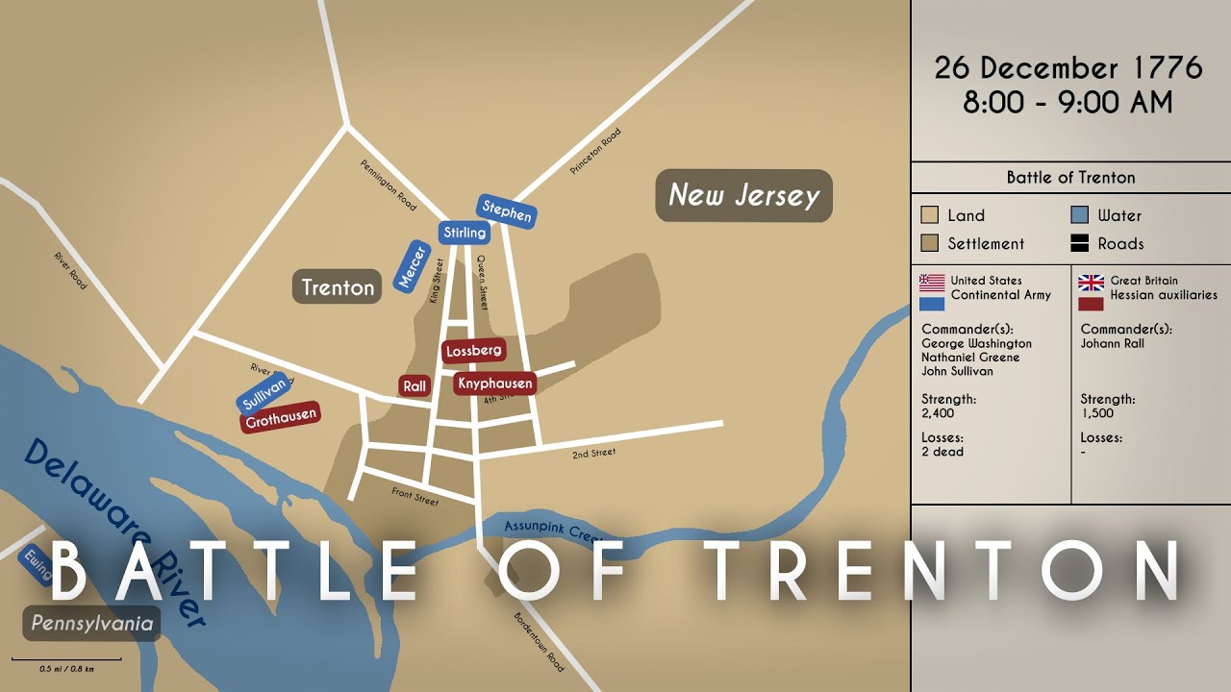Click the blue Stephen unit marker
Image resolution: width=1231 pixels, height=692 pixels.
coord(506,211)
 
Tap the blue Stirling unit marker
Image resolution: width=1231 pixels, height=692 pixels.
coord(465,233)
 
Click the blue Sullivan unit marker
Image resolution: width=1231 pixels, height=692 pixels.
coord(263,392)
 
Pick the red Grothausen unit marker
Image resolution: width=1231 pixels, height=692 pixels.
coord(279,417)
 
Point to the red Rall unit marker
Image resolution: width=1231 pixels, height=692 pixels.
coord(415,385)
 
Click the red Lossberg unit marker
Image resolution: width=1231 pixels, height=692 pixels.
coord(474,351)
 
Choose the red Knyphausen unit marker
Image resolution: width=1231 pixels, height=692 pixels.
coord(494,383)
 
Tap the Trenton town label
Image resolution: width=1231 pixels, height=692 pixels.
coord(338,286)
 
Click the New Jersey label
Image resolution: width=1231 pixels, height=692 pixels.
coord(743,195)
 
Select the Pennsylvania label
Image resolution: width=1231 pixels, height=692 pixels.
coord(91,624)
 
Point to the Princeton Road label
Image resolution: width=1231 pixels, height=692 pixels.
coord(595,151)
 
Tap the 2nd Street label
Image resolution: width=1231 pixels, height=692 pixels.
coord(593,453)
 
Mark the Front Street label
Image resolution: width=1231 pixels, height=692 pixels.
coord(415,496)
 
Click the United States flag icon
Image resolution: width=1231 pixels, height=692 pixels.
coord(932,283)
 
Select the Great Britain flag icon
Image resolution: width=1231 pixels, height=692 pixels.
coord(1091,283)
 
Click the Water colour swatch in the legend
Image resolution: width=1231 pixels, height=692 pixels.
coord(1079,215)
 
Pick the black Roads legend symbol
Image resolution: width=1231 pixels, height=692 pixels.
coord(1079,244)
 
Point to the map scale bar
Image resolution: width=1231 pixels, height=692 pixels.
coord(66,659)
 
